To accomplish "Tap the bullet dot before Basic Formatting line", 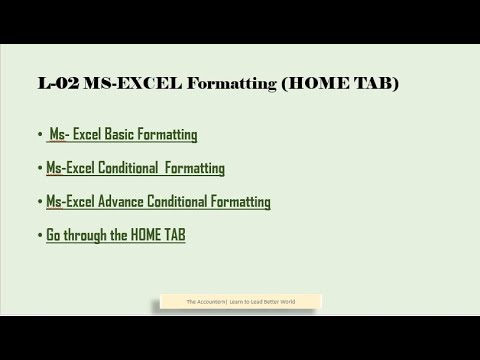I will [41, 134].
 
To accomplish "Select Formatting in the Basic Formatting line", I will [170, 134].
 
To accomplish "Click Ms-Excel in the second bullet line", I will [70, 168].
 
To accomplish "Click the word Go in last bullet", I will [54, 236].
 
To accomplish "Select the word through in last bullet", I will [87, 236].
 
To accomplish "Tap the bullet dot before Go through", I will [41, 236].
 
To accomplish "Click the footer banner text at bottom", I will [240, 301].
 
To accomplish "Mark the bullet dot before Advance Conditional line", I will [41, 202].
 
